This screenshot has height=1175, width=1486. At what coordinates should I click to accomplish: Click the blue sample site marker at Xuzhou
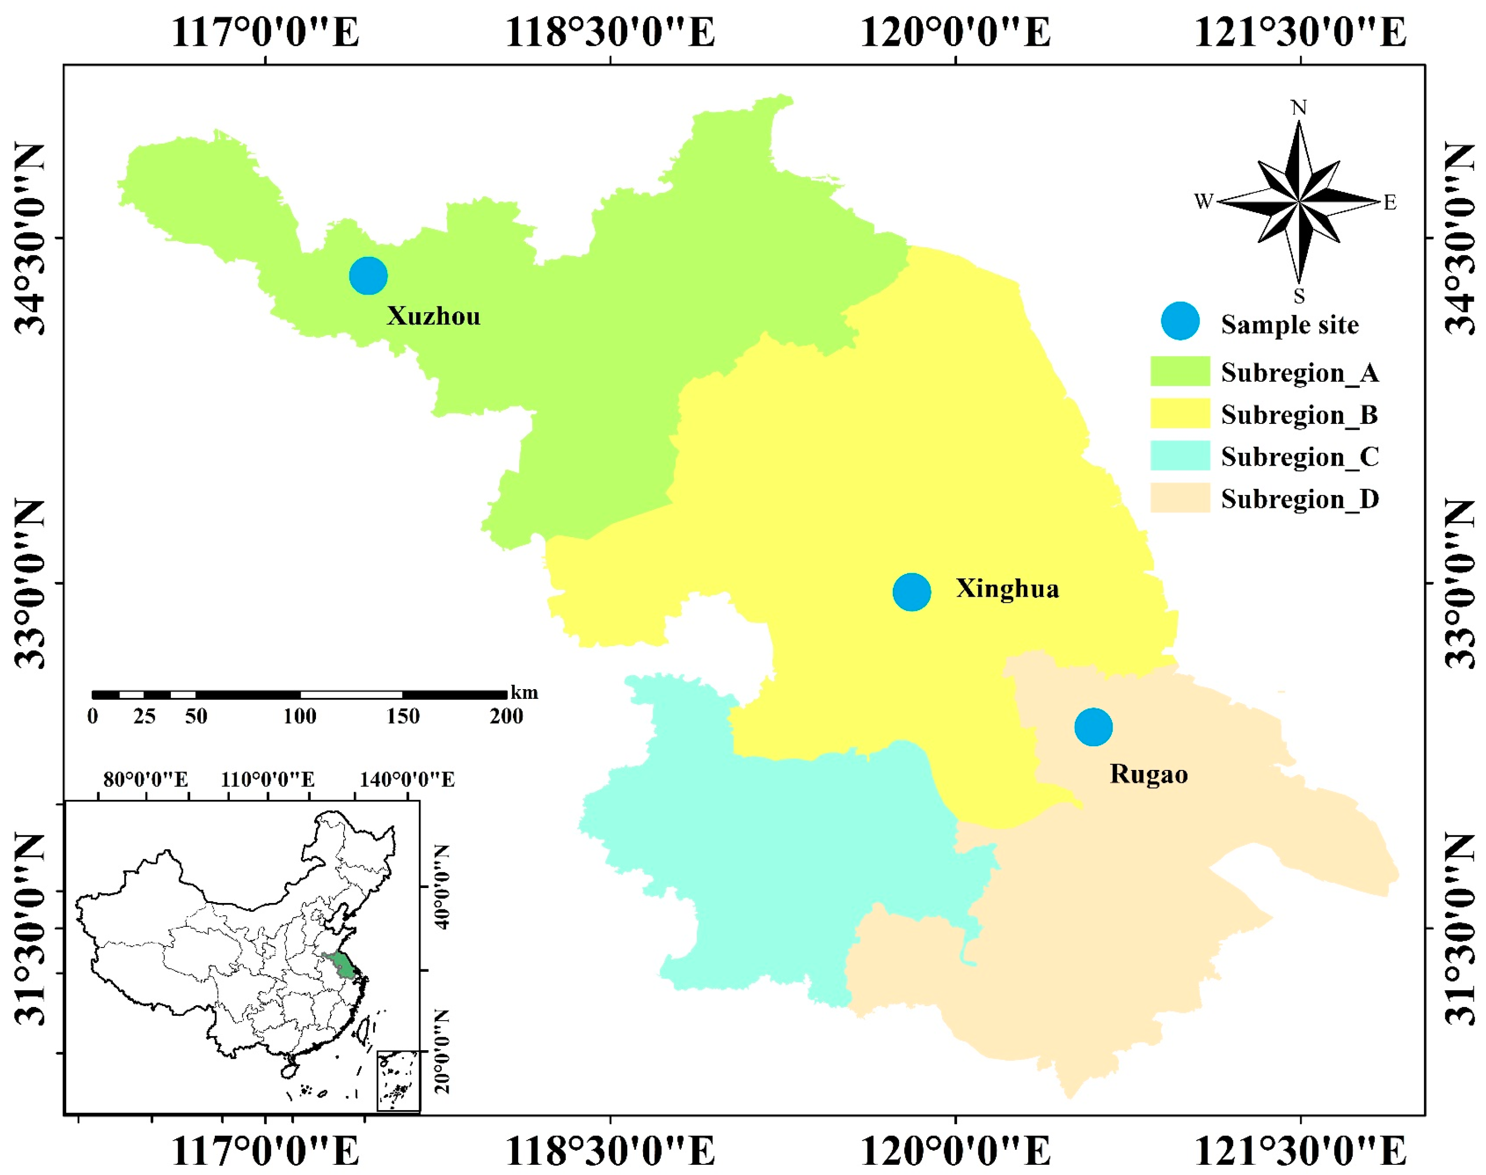tap(368, 276)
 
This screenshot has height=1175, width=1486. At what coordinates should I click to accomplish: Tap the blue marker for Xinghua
tap(912, 592)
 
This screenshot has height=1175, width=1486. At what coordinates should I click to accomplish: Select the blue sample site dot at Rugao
tap(1093, 726)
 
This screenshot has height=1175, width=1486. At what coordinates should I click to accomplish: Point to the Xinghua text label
tap(1007, 589)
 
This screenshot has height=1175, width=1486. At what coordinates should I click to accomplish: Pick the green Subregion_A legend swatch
tap(1180, 372)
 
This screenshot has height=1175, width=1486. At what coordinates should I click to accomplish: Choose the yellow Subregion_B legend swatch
tap(1180, 413)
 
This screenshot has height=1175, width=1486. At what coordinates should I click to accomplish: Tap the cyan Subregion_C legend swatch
tap(1180, 455)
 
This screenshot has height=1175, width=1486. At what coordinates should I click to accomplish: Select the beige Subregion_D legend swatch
tap(1180, 497)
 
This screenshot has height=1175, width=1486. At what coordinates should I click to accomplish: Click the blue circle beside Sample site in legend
tap(1180, 321)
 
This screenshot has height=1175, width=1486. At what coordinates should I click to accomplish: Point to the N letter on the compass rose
tap(1298, 108)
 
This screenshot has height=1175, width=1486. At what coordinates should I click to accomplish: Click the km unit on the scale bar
tap(524, 693)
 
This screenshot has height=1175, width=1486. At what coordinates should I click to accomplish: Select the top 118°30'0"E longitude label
tap(610, 32)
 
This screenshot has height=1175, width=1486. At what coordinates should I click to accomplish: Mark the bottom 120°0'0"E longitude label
tap(956, 1151)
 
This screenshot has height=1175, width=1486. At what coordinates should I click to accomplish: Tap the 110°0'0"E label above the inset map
tap(268, 780)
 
